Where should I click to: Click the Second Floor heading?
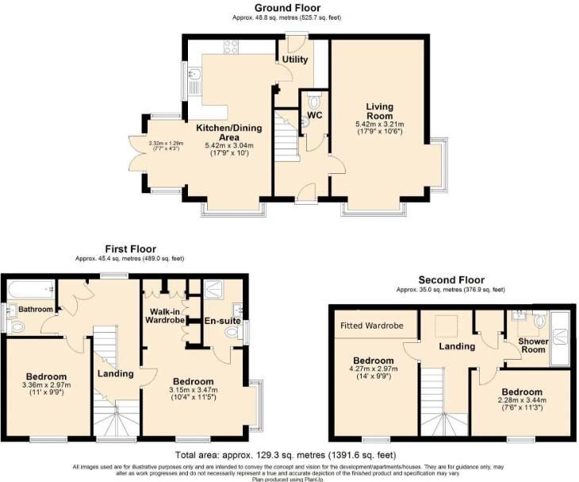pos(451,280)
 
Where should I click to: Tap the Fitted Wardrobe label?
pos(372,326)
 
